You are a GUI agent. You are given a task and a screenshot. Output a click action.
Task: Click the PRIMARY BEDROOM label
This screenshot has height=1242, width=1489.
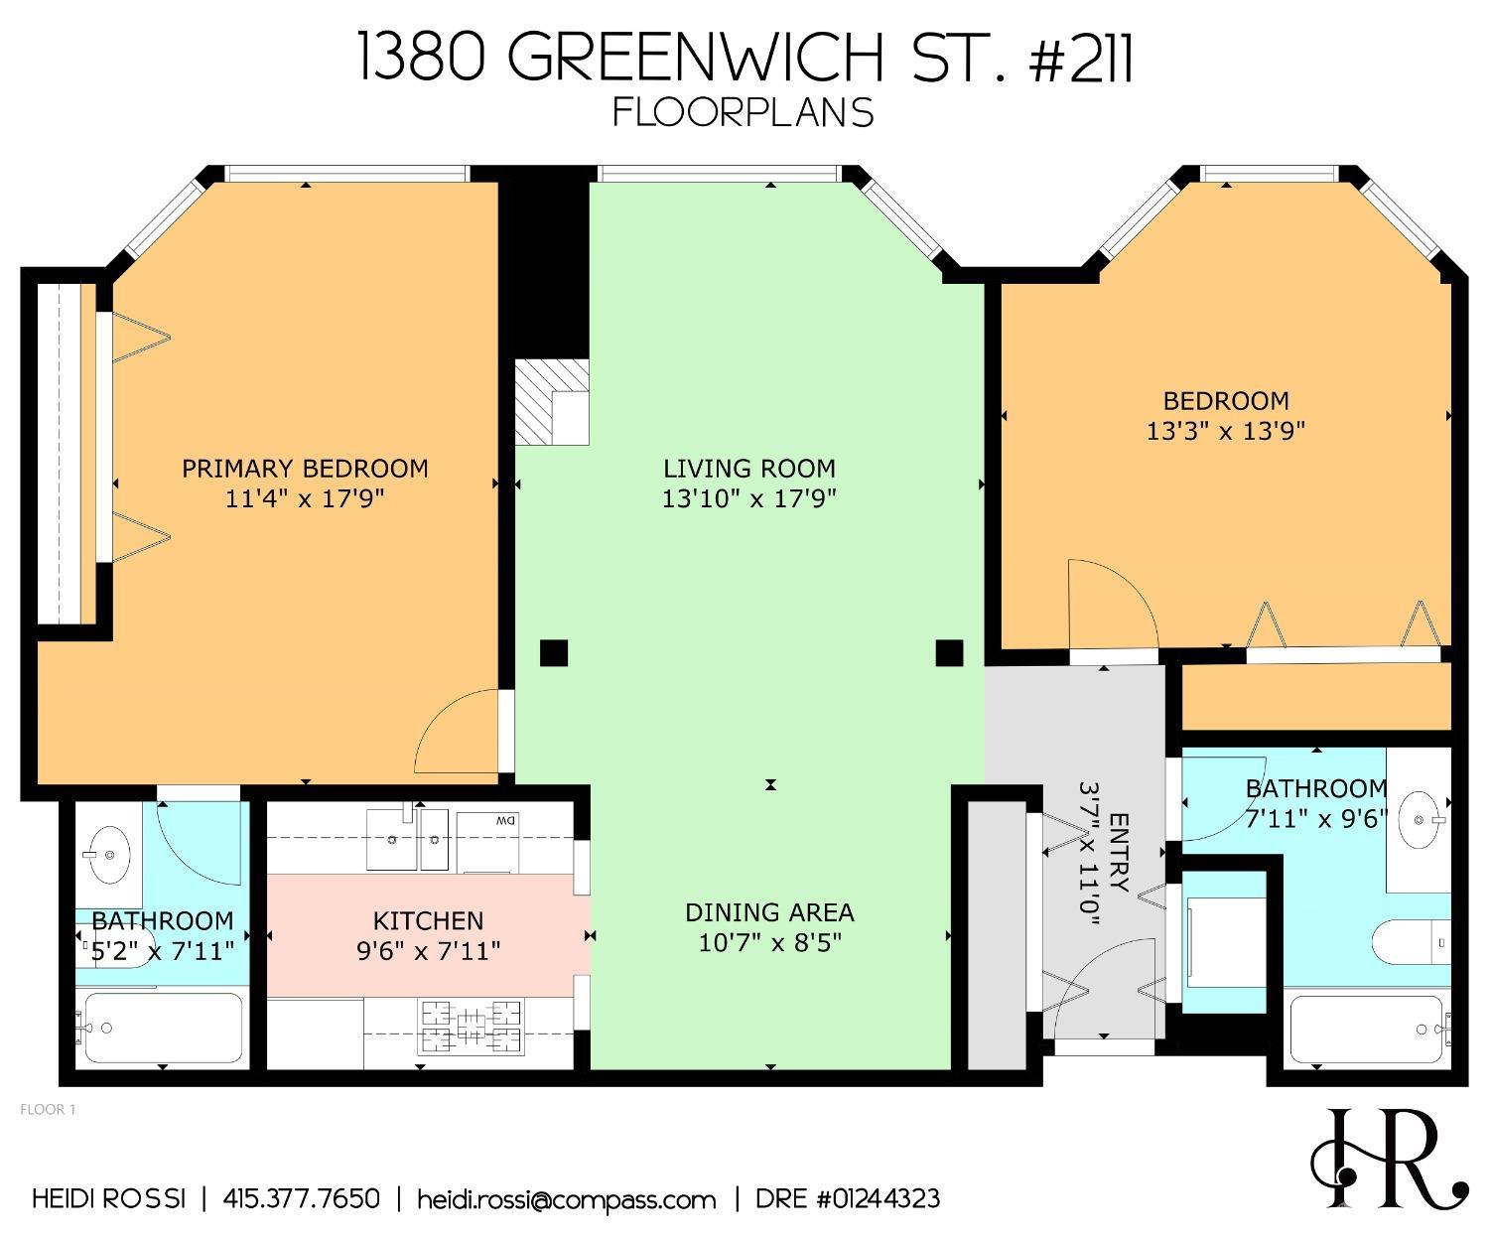pyautogui.click(x=305, y=468)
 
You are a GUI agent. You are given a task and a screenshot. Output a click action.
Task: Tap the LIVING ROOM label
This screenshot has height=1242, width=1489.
pyautogui.click(x=749, y=468)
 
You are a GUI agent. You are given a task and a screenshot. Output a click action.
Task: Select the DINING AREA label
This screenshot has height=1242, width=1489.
pyautogui.click(x=769, y=911)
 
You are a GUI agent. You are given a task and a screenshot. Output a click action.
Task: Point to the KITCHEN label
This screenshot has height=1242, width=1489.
pyautogui.click(x=428, y=920)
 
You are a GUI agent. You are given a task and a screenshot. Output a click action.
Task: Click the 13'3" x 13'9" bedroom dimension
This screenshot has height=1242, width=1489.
pyautogui.click(x=1225, y=431)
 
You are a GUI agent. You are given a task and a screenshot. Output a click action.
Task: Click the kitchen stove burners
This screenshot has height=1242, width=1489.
pyautogui.click(x=472, y=1027)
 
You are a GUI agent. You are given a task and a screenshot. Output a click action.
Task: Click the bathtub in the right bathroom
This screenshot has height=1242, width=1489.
pyautogui.click(x=1368, y=1030)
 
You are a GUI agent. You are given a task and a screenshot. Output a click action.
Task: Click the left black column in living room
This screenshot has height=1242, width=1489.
pyautogui.click(x=553, y=653)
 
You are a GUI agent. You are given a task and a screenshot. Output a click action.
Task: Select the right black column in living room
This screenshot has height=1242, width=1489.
pyautogui.click(x=949, y=653)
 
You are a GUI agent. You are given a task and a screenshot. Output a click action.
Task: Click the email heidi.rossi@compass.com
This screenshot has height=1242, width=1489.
pyautogui.click(x=566, y=1199)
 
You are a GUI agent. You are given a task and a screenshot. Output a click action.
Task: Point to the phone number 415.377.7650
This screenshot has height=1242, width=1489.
pyautogui.click(x=302, y=1198)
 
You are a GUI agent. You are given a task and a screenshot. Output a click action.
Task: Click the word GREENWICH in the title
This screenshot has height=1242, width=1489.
pyautogui.click(x=684, y=58)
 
